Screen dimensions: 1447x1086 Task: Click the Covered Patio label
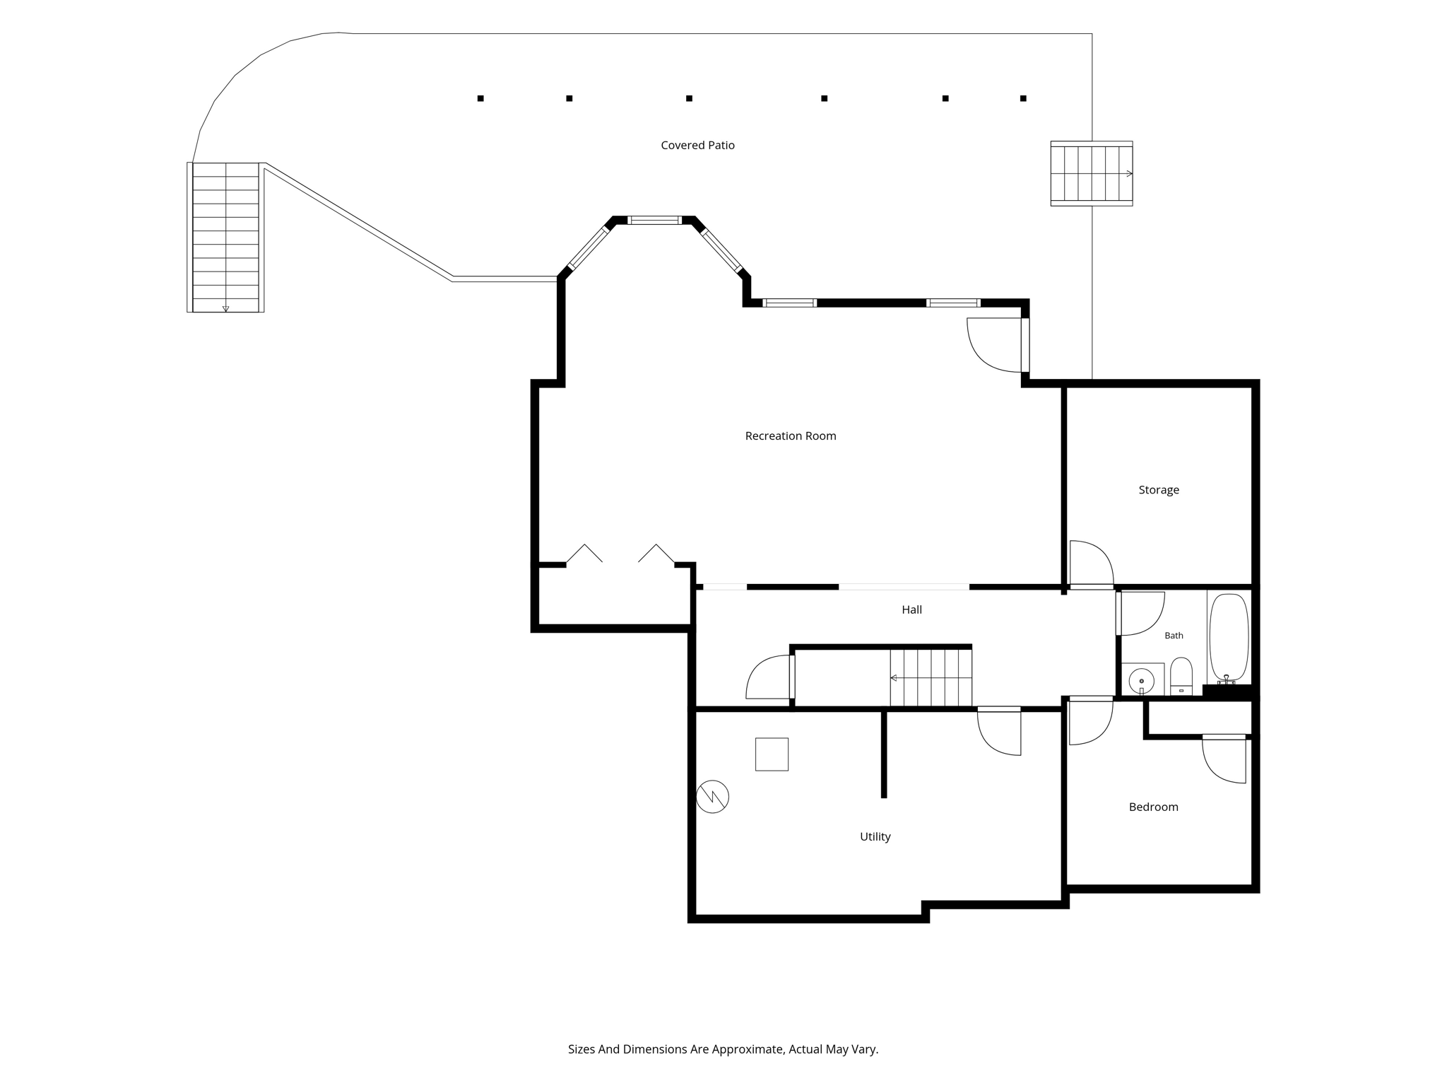click(x=697, y=145)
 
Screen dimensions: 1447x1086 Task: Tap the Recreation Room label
click(x=791, y=436)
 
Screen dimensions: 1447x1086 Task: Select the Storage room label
click(x=1159, y=490)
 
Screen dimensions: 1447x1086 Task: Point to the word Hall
click(x=911, y=609)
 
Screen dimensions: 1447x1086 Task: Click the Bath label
click(x=1174, y=636)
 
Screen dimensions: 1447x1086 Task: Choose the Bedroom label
click(x=1153, y=807)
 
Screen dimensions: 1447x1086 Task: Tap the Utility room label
click(x=875, y=836)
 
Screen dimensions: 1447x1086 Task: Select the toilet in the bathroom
click(x=1181, y=677)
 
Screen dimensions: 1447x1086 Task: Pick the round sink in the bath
click(x=1141, y=682)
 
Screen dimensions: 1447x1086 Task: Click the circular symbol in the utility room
click(x=712, y=797)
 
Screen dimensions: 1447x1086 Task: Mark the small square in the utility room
click(x=772, y=754)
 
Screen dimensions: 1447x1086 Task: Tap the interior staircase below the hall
click(x=931, y=677)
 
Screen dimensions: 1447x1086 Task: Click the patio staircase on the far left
click(x=225, y=238)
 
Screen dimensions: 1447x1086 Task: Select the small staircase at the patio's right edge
click(x=1092, y=173)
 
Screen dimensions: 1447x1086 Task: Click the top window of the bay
click(x=655, y=220)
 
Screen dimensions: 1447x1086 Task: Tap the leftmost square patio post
click(x=480, y=98)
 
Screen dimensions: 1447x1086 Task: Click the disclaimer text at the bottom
click(x=723, y=1049)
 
